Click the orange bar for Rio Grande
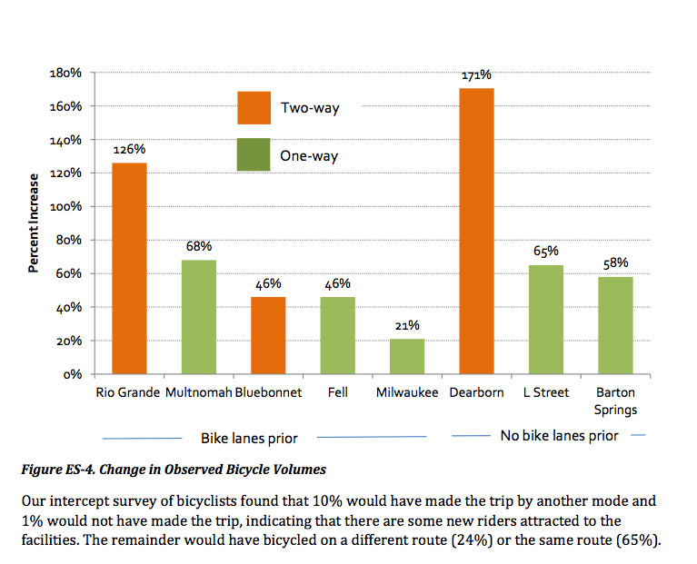pos(129,268)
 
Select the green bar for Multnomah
pos(199,317)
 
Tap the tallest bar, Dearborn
pos(477,231)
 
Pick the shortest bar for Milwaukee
pos(408,356)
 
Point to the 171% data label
pos(477,74)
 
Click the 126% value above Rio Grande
pos(129,149)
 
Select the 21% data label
pos(408,325)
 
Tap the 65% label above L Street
pos(546,251)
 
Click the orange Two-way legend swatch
pos(254,107)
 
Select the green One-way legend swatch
pos(254,155)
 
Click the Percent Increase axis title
pos(34,223)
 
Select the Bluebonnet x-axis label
pos(268,393)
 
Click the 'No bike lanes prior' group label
pos(559,436)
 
